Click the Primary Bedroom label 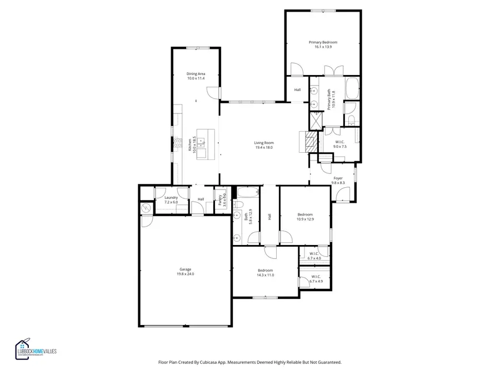(x=323, y=44)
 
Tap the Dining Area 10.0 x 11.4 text (x=196, y=76)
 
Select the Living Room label (x=264, y=145)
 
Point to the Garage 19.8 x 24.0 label (x=186, y=272)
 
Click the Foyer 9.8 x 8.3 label (x=338, y=180)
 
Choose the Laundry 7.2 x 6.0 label (x=171, y=200)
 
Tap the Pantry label (x=221, y=199)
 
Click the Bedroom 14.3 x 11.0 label (x=265, y=273)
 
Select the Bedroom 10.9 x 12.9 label (x=305, y=217)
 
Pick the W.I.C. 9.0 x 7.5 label (x=340, y=144)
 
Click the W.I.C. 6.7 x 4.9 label (x=316, y=279)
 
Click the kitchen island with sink (x=204, y=144)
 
